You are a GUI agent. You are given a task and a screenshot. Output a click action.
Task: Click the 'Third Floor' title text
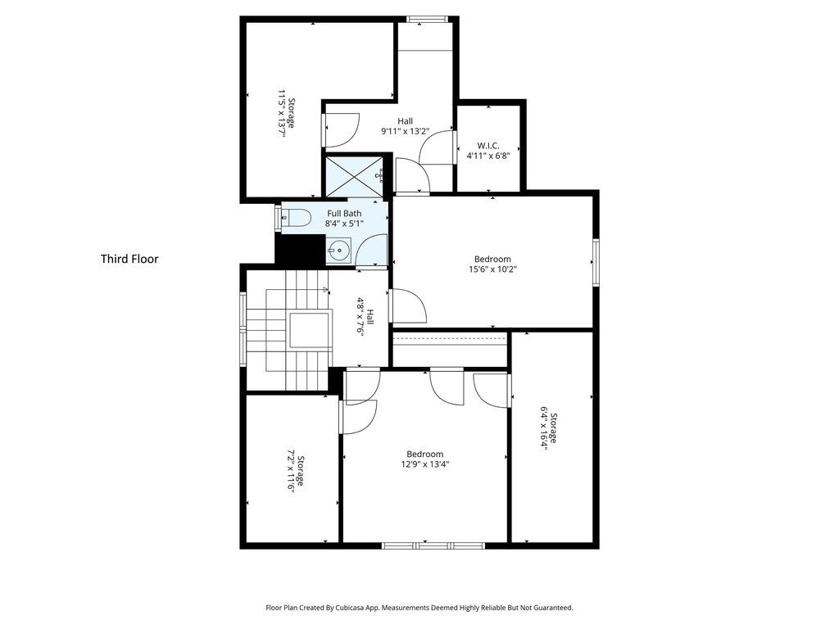(129, 259)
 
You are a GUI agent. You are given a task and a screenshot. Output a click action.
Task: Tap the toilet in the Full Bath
(297, 218)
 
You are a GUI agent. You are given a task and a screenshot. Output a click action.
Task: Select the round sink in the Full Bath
(338, 249)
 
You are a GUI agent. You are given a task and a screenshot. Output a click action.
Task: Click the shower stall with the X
(354, 176)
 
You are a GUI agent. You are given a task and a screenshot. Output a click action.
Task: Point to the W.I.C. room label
(488, 146)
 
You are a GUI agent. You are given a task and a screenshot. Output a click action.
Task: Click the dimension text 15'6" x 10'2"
(492, 269)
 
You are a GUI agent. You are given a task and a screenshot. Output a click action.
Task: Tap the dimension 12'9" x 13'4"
(425, 464)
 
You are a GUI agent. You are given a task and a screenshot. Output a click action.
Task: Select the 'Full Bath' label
(344, 214)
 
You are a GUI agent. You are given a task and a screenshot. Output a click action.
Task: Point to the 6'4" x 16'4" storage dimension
(544, 428)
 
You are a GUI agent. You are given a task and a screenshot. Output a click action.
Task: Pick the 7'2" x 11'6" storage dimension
(292, 471)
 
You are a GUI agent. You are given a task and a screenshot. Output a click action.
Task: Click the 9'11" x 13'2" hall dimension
(405, 131)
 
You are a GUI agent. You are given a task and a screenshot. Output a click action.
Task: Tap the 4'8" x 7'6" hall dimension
(361, 315)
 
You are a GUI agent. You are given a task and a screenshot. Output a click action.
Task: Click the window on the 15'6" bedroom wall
(596, 263)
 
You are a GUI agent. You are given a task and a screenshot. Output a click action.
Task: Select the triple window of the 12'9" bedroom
(433, 545)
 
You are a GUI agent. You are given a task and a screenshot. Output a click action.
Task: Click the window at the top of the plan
(427, 20)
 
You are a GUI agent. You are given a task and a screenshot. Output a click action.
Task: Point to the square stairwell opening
(309, 331)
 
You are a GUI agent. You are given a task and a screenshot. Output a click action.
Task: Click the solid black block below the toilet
(300, 250)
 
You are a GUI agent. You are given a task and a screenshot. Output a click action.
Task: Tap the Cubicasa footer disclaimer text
(419, 608)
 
